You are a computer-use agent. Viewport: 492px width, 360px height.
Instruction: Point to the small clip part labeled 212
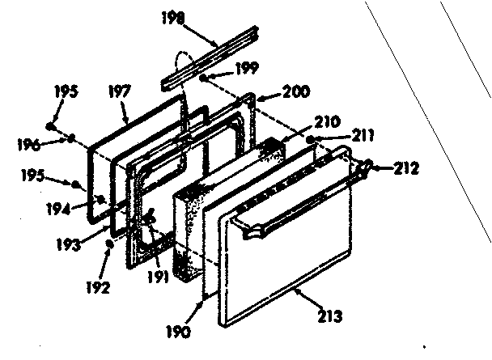click(x=368, y=167)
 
